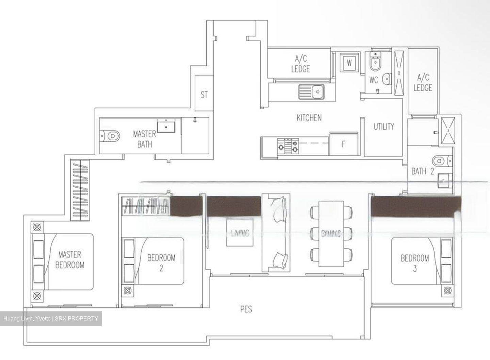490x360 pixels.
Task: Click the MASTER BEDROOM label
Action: (x=70, y=260)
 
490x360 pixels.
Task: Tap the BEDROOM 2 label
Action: (x=161, y=263)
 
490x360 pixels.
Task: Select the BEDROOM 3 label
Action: (x=414, y=263)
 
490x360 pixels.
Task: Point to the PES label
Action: (x=246, y=309)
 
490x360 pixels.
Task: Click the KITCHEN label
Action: (x=309, y=118)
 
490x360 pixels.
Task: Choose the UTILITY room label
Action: (x=384, y=127)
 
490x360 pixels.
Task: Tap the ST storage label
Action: (x=204, y=95)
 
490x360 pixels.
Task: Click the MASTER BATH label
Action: (x=145, y=139)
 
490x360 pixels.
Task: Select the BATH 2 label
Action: (x=423, y=171)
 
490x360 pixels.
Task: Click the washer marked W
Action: (x=349, y=63)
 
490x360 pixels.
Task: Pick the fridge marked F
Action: (x=343, y=144)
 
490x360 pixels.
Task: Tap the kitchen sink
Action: (x=312, y=92)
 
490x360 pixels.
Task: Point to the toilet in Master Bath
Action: (x=111, y=136)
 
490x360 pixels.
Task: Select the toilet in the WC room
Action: (x=375, y=64)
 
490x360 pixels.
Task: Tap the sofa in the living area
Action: (x=276, y=233)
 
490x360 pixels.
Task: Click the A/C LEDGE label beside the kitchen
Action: (x=300, y=64)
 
